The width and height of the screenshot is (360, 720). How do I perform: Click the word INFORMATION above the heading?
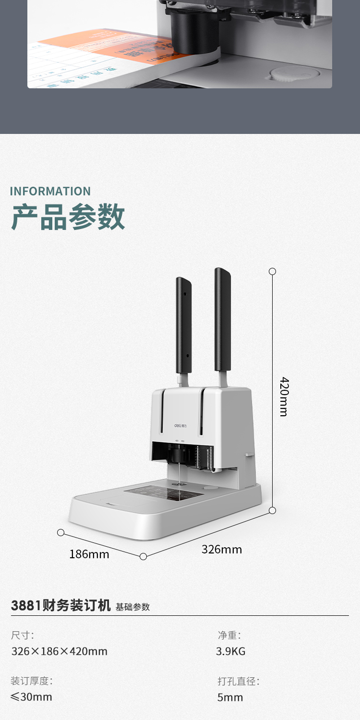(50, 191)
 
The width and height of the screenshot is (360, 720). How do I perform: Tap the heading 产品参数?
(68, 217)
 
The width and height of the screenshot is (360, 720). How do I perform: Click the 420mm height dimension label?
(284, 396)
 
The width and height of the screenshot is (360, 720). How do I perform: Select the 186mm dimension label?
(89, 554)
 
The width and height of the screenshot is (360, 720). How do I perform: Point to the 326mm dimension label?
(222, 549)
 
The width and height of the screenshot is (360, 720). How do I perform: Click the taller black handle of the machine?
(222, 320)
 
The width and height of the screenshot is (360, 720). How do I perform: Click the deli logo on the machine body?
(181, 425)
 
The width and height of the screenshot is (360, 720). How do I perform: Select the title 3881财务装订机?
(60, 605)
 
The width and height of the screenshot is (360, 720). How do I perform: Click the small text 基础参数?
(133, 607)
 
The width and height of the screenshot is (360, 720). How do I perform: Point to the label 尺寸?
(23, 635)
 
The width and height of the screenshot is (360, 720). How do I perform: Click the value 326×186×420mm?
(60, 651)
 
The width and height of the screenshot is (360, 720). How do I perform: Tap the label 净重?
(229, 635)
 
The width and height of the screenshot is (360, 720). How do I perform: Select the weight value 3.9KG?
(231, 651)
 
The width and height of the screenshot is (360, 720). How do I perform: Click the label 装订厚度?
(32, 681)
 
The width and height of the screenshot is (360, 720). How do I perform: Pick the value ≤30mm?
(32, 697)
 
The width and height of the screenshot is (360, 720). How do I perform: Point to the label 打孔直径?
(239, 681)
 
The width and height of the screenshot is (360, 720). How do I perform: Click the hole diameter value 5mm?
(230, 697)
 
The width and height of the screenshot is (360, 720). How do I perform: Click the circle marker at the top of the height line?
(272, 271)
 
